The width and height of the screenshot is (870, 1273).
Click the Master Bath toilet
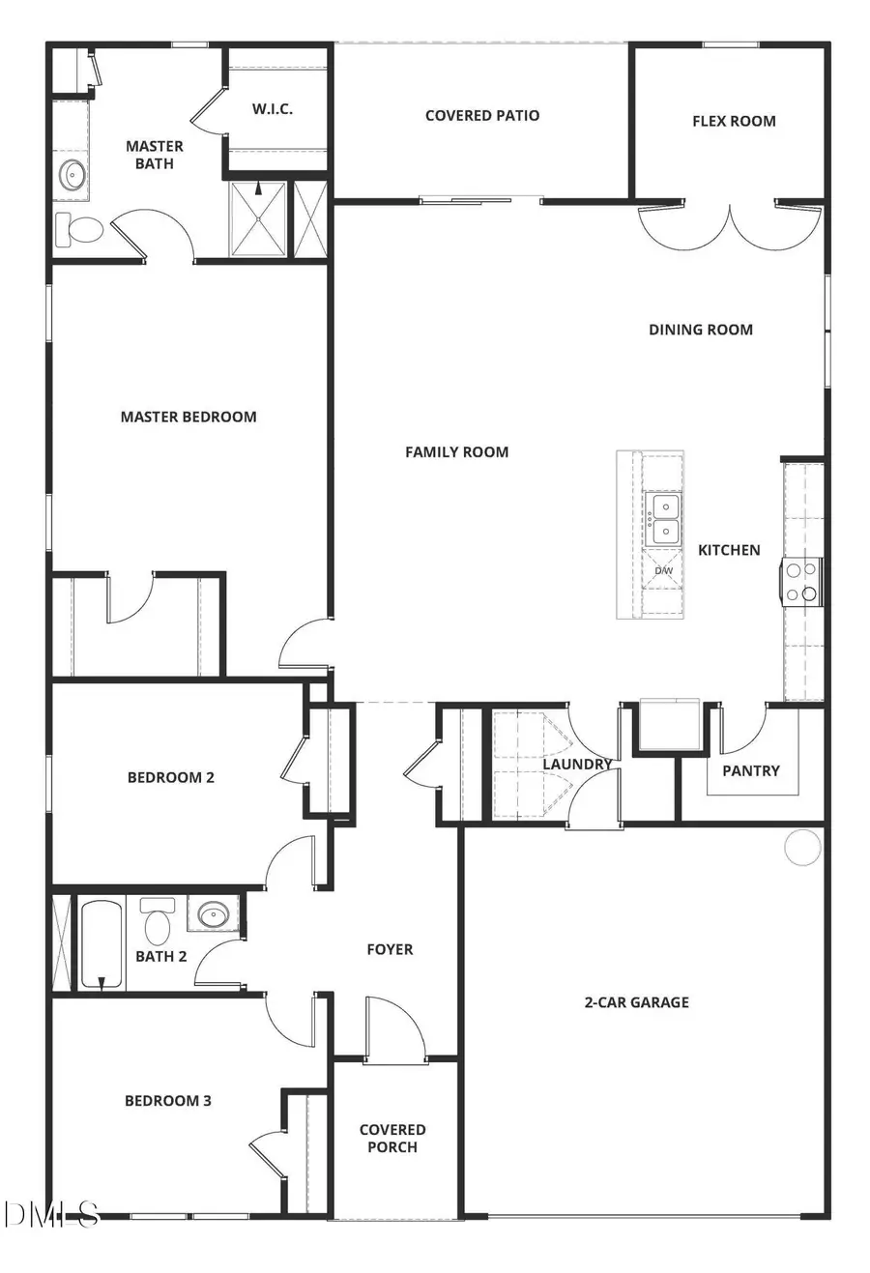tap(80, 230)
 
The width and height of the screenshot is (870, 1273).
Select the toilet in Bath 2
tap(157, 924)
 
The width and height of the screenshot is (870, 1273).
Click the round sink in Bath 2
tap(212, 913)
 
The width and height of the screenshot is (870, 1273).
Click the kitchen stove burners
tap(801, 583)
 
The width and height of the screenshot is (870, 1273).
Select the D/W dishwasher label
tap(664, 571)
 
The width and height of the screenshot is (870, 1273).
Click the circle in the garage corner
tap(802, 847)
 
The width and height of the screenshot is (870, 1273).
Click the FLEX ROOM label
tap(734, 121)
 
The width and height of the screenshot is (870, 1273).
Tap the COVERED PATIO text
tap(482, 115)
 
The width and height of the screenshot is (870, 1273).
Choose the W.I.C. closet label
tap(273, 109)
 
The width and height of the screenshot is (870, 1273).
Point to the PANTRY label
tap(751, 770)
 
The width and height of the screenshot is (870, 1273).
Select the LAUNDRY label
tap(577, 764)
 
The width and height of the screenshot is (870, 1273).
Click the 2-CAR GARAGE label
tap(636, 1002)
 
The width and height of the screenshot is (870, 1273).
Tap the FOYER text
tap(390, 949)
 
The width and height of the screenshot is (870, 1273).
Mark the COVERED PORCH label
tap(392, 1138)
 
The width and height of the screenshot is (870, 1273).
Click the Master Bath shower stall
tap(258, 220)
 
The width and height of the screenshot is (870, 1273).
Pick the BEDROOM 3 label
tap(168, 1100)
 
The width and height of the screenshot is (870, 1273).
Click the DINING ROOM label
tap(701, 330)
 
